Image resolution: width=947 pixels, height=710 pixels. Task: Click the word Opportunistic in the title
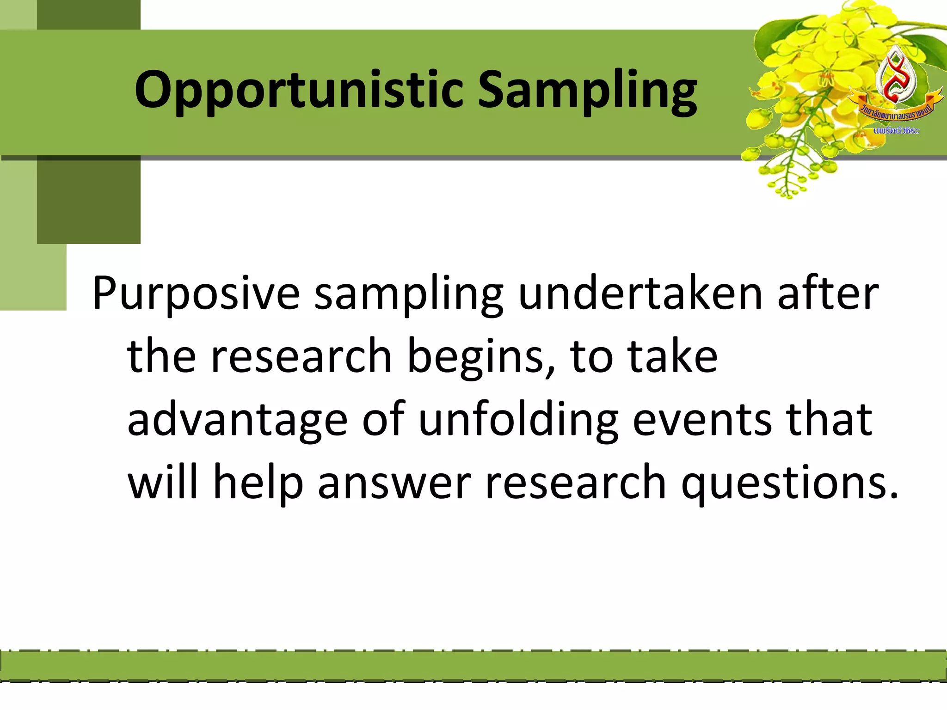click(298, 90)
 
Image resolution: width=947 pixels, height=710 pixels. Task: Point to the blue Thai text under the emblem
click(896, 131)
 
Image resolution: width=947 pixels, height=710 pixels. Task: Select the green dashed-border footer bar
click(473, 666)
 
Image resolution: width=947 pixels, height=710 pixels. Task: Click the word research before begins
click(301, 356)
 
